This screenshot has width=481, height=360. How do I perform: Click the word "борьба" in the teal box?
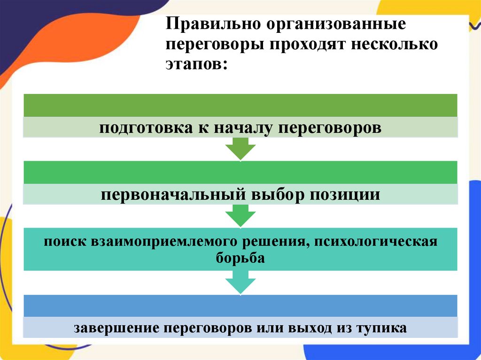point(240,258)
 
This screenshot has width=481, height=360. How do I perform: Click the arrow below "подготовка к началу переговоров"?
point(240,150)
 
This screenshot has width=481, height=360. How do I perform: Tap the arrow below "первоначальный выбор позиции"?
point(240,217)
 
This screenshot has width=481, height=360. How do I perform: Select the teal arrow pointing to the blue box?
point(240,284)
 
